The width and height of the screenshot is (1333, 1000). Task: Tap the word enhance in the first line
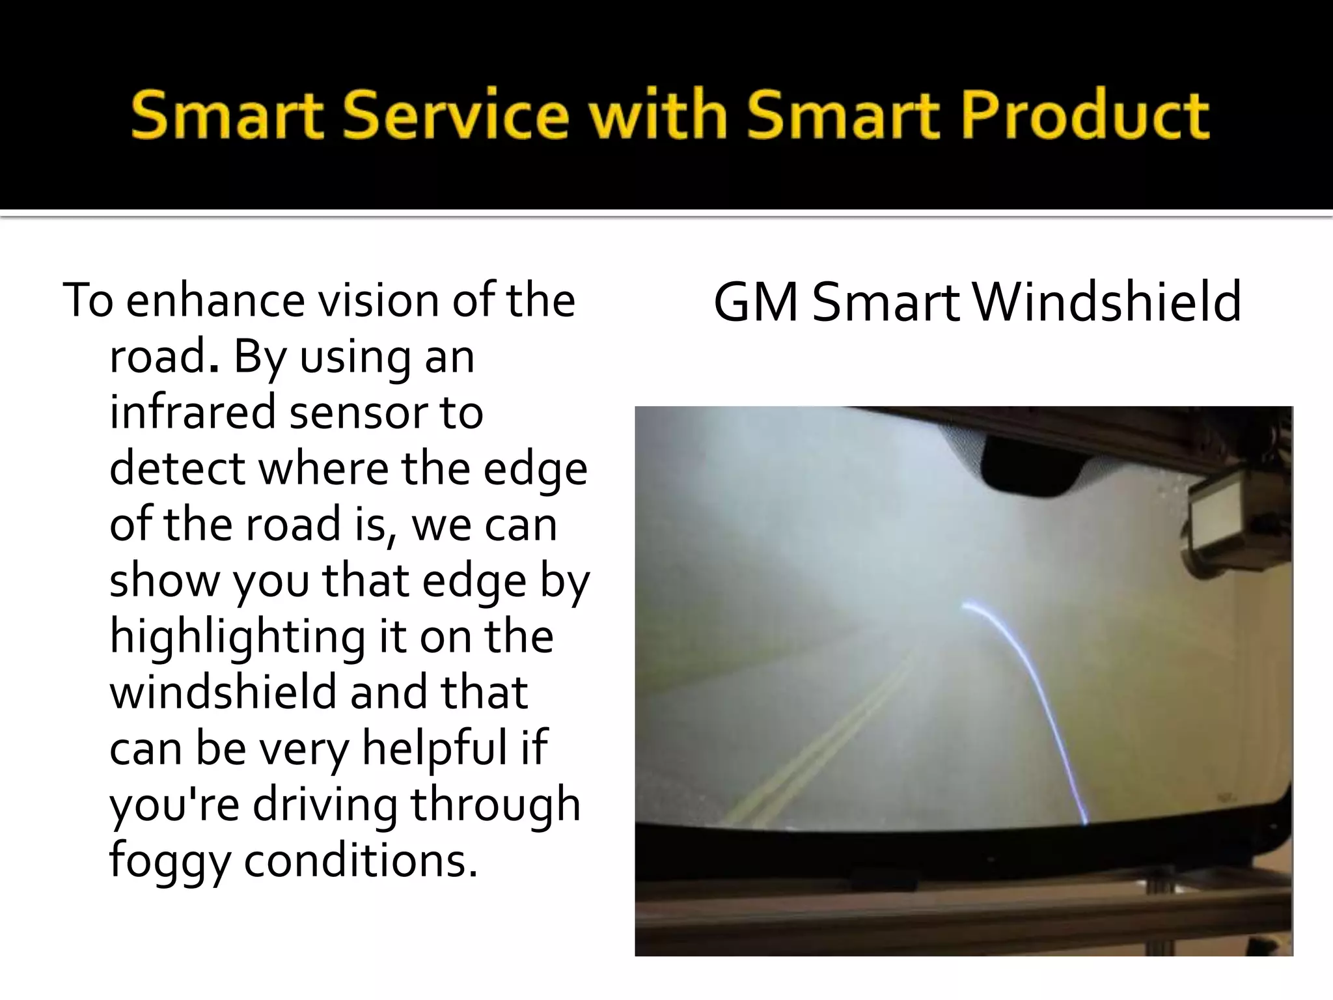(x=215, y=301)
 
